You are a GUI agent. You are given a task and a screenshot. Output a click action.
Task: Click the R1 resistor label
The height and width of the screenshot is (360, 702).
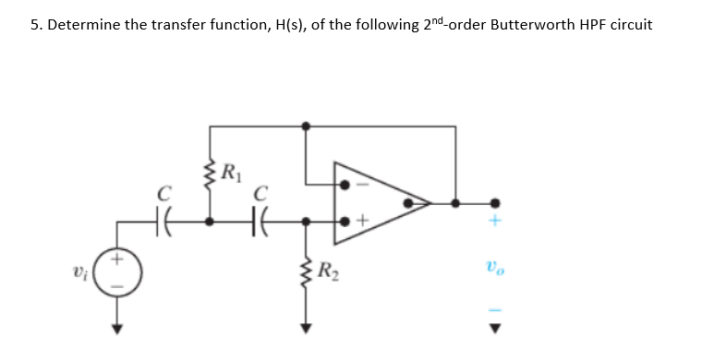pyautogui.click(x=230, y=168)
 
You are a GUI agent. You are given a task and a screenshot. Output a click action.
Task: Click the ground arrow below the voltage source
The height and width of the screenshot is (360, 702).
pyautogui.click(x=117, y=326)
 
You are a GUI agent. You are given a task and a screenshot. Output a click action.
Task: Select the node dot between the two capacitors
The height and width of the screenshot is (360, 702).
pyautogui.click(x=211, y=222)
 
